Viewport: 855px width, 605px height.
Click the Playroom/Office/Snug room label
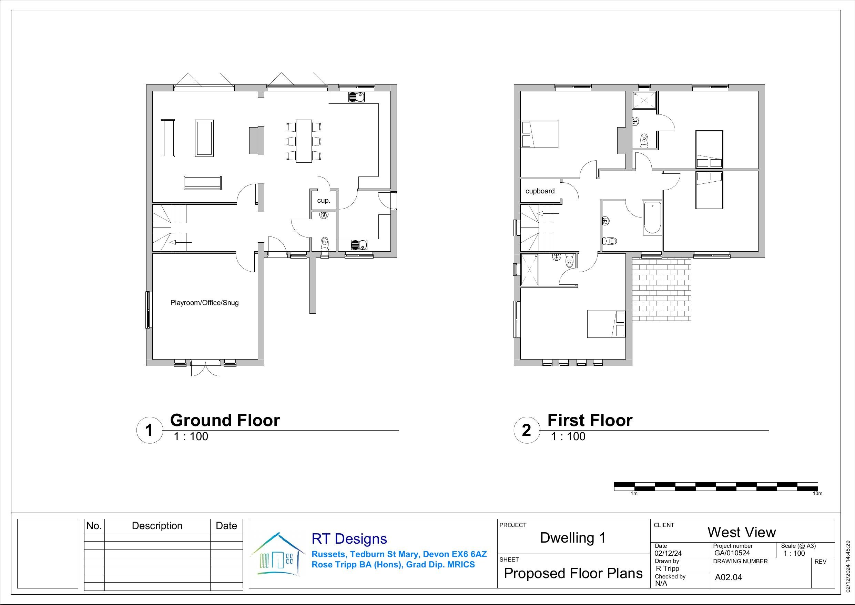coord(204,303)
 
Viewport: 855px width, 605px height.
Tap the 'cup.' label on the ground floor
coord(324,200)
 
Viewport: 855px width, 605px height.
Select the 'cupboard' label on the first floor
coord(540,191)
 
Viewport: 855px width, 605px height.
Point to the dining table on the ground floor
coord(304,141)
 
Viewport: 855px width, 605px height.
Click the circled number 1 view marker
coord(150,430)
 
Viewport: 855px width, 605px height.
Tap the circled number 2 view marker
coord(527,430)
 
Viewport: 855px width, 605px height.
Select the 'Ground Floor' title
coord(225,420)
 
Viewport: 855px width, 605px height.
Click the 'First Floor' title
coord(590,420)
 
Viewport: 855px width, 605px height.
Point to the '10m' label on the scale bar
coord(817,494)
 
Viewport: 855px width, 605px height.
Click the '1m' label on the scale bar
coord(634,494)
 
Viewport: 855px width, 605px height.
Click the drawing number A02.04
coord(729,577)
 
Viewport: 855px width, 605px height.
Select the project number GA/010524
coord(732,553)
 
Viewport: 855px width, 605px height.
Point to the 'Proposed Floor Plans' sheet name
coord(573,573)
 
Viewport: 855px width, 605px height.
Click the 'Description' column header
coord(157,526)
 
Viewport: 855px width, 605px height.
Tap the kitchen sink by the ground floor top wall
coord(357,97)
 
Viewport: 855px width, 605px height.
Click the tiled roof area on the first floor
coord(662,290)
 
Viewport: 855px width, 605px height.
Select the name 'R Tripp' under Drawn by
coord(668,568)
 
